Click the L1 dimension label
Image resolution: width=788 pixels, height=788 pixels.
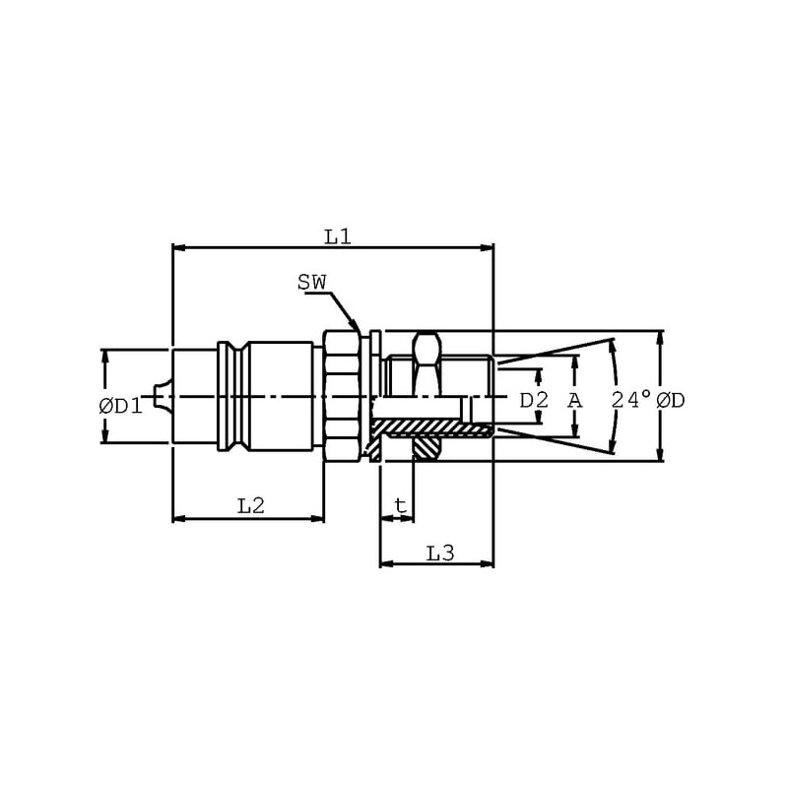point(337,236)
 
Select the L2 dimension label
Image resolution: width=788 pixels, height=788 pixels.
point(251,505)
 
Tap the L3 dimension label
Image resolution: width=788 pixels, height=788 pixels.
point(440,554)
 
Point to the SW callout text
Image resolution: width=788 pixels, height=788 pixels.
point(312,282)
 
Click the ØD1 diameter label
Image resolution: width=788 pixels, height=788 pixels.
point(121,406)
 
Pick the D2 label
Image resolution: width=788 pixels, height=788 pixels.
point(534,401)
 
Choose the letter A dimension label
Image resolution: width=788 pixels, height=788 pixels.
point(575,401)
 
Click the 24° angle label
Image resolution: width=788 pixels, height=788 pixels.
point(631,400)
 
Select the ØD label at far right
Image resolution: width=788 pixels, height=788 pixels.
point(671,401)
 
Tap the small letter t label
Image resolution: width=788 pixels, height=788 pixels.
point(401,505)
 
